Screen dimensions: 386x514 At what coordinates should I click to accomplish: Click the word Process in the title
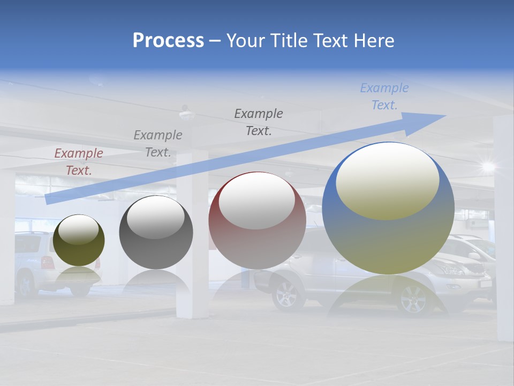(x=168, y=41)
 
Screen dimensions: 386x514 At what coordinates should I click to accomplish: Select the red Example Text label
(x=79, y=162)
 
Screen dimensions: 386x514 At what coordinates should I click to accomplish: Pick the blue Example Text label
(x=384, y=96)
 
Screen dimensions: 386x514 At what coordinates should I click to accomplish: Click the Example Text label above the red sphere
(x=259, y=122)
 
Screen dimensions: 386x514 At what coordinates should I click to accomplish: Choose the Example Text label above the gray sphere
(x=158, y=144)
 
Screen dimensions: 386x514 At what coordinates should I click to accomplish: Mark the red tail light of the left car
(x=47, y=262)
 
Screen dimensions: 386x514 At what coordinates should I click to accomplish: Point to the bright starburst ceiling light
(x=488, y=166)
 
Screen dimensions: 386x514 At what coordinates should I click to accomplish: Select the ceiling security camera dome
(x=186, y=114)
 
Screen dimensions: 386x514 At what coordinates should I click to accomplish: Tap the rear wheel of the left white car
(x=26, y=284)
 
